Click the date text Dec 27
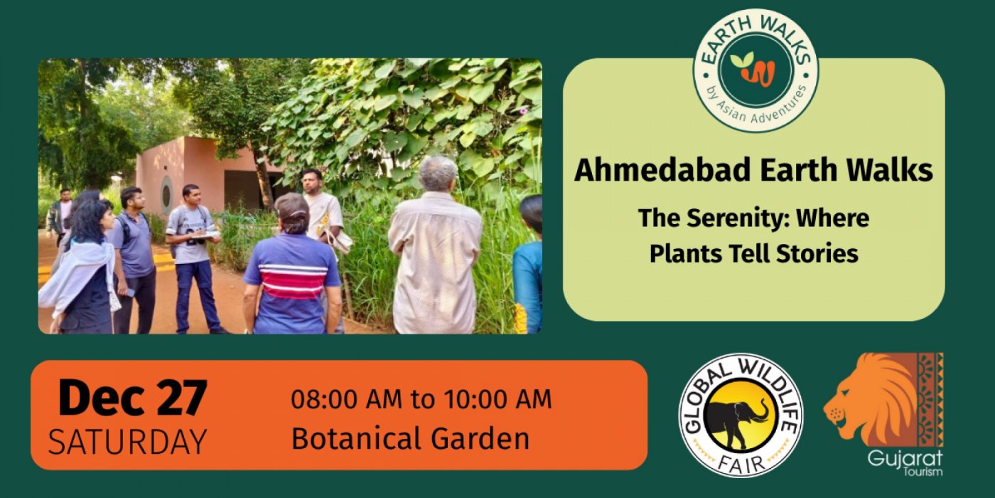(x=132, y=397)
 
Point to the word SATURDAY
(x=127, y=441)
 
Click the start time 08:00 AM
(x=346, y=398)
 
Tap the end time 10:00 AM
(x=497, y=398)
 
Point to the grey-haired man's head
(x=438, y=174)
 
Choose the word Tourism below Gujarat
(x=923, y=472)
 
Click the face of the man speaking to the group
(x=311, y=181)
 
